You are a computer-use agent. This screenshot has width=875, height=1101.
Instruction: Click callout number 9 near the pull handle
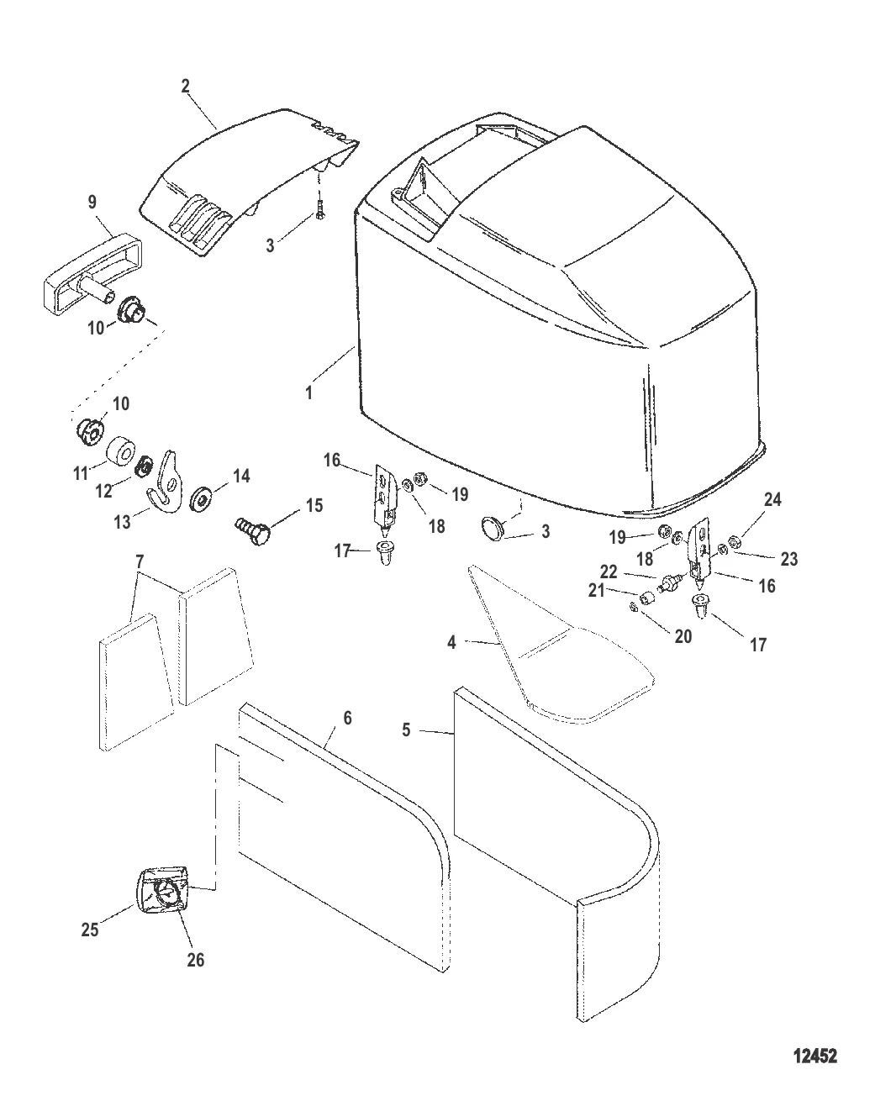92,202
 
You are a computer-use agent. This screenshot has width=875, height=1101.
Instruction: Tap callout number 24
772,499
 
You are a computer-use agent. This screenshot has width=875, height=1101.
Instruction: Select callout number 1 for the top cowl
308,393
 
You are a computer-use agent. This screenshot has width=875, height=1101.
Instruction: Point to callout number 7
140,562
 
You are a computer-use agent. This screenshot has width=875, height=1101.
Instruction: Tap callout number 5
406,730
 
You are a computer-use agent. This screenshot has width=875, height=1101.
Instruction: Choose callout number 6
347,719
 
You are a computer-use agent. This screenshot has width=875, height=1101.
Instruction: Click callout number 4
451,643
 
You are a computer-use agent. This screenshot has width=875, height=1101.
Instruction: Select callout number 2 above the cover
185,86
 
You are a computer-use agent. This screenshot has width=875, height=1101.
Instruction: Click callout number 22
609,571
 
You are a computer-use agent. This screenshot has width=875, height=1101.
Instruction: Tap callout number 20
683,636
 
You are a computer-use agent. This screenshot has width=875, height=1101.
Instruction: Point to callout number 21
596,590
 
